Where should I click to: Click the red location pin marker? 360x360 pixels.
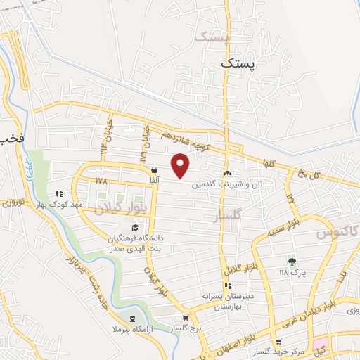point(181,166)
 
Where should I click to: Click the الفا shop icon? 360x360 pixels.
point(153,169)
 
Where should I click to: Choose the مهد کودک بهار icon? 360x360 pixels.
point(60,193)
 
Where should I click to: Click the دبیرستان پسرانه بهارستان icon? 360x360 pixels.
point(227,285)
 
